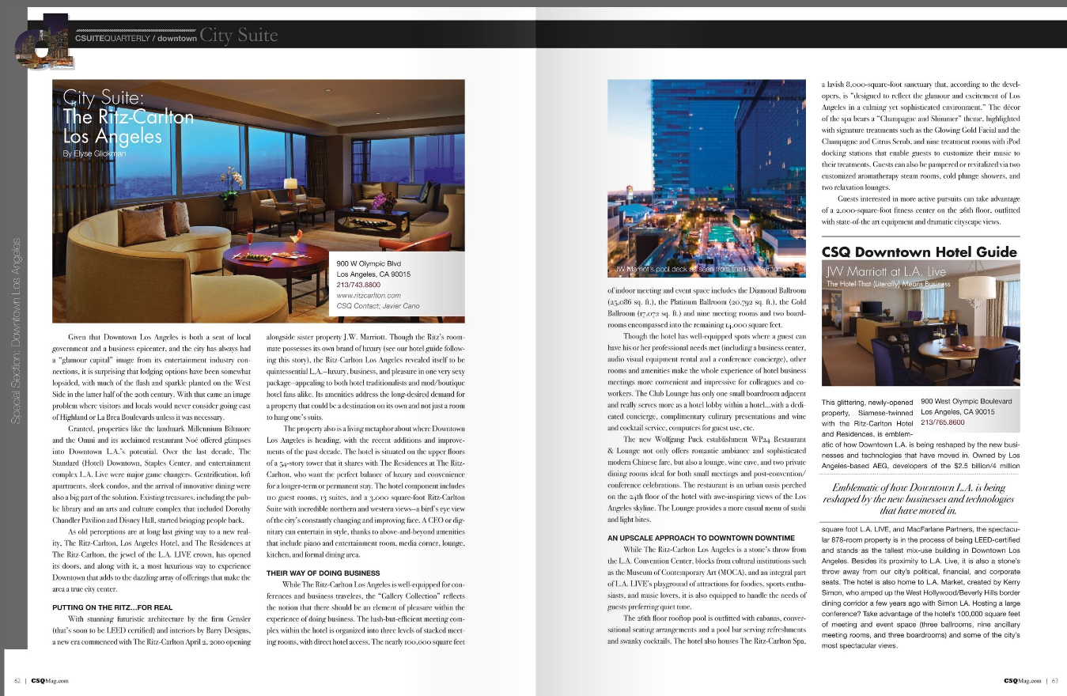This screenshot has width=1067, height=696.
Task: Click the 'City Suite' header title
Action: (x=239, y=36)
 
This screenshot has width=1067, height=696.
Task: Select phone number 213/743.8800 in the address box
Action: (x=358, y=285)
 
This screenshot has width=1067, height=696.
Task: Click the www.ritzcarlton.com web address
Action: (x=368, y=295)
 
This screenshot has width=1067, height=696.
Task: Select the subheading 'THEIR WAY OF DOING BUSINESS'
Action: (x=312, y=573)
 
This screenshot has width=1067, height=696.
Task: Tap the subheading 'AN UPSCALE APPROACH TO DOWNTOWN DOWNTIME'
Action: (x=701, y=538)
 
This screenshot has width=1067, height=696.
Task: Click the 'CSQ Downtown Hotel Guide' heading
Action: (x=919, y=252)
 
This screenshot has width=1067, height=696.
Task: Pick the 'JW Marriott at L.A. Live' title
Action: (x=886, y=271)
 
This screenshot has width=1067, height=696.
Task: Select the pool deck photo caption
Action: (x=699, y=269)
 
